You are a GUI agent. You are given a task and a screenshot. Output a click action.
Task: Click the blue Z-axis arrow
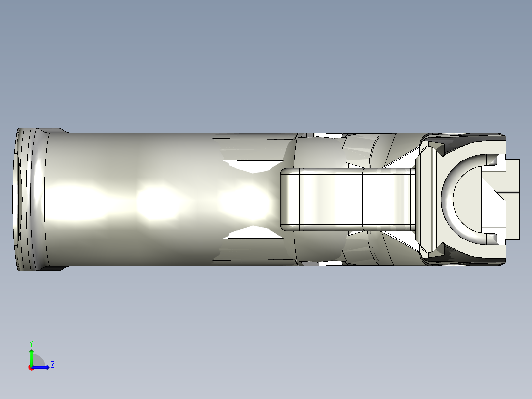[x=42, y=367]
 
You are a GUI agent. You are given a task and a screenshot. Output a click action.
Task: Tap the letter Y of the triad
[x=31, y=343]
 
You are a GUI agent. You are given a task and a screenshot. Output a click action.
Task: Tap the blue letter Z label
[x=52, y=365]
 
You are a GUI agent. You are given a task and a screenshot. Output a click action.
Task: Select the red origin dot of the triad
[x=31, y=368]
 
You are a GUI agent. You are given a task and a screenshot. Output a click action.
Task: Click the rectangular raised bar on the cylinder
[x=345, y=199]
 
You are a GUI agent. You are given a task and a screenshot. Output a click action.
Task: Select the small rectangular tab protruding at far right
[x=513, y=199]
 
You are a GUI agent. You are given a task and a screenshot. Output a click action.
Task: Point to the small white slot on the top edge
[x=328, y=134]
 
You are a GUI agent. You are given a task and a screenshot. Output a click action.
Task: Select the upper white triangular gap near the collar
[x=402, y=161]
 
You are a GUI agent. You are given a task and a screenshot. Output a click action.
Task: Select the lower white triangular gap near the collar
[x=402, y=239]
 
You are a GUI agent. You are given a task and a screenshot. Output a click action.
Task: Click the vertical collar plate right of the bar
[x=426, y=199]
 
